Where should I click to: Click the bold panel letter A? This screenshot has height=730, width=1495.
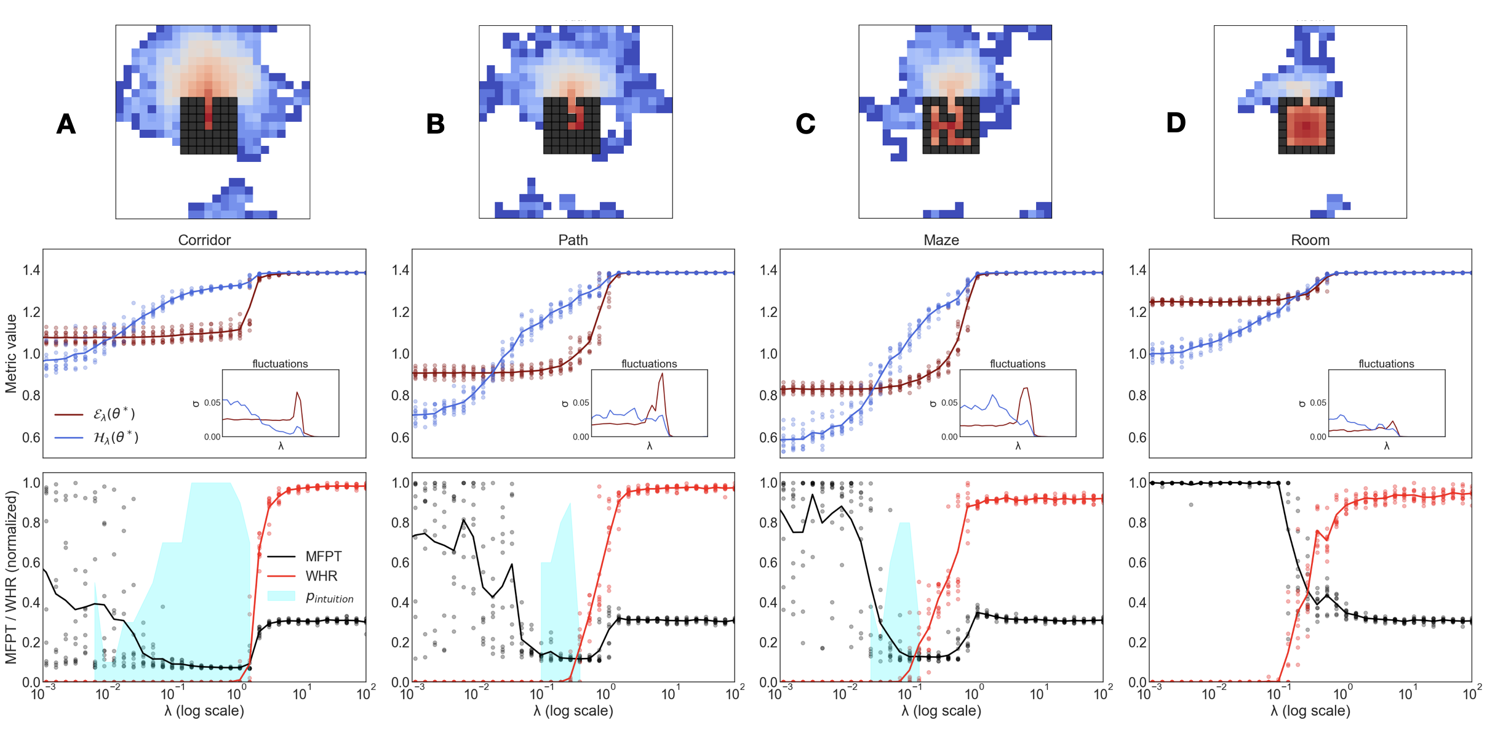(66, 124)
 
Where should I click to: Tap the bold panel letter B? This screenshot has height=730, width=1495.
(436, 124)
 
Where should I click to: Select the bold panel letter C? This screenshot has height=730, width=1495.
(805, 124)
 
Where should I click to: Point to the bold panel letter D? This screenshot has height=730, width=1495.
(1176, 123)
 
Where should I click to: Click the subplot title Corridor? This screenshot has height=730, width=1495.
(204, 240)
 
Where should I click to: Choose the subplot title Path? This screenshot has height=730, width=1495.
(573, 240)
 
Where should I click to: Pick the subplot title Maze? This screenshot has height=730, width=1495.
(941, 240)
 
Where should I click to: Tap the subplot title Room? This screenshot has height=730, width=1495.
(1310, 240)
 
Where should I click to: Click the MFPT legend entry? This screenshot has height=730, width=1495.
(323, 556)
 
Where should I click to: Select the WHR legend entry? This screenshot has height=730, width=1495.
(321, 576)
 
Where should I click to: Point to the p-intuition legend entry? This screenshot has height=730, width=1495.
(329, 597)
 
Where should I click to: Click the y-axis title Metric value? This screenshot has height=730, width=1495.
(11, 353)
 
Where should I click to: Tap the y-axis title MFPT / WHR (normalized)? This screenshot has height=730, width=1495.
(11, 577)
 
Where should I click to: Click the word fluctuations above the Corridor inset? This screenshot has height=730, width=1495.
(280, 364)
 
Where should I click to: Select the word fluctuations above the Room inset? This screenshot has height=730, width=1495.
(1386, 364)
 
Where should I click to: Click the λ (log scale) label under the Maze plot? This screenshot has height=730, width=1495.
(941, 711)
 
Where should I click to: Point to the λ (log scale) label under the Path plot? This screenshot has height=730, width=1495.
(573, 711)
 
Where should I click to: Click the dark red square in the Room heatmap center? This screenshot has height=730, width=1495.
(1306, 126)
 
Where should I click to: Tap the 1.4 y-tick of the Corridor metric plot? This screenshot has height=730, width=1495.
(31, 270)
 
